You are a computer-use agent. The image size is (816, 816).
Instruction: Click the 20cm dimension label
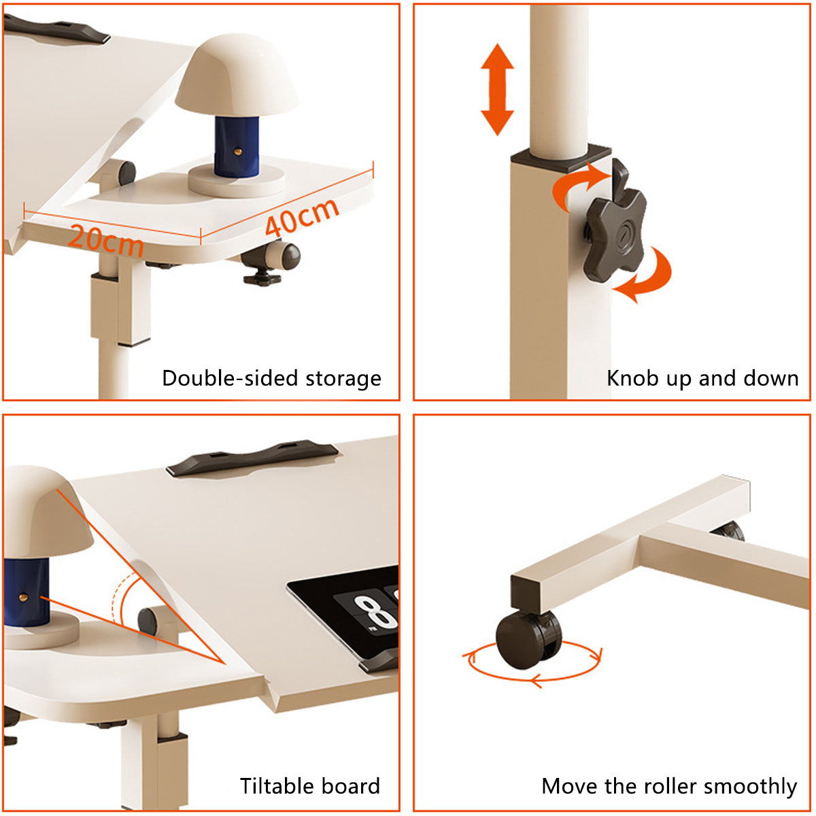click(x=105, y=239)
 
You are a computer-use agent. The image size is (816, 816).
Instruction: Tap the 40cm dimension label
click(x=301, y=217)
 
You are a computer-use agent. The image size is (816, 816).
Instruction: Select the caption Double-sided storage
click(x=271, y=378)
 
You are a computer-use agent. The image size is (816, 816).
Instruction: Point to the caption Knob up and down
click(x=702, y=378)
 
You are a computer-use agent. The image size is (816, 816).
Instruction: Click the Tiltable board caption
click(x=309, y=786)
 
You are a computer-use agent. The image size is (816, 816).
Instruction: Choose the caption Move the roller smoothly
click(x=669, y=786)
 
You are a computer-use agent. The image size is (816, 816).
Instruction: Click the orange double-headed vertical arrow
click(x=497, y=89)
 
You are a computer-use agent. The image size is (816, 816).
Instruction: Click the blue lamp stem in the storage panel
click(x=237, y=146)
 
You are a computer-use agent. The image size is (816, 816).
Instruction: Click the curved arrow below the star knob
click(x=646, y=275)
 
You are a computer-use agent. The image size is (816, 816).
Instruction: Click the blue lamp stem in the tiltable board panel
click(x=27, y=592)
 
